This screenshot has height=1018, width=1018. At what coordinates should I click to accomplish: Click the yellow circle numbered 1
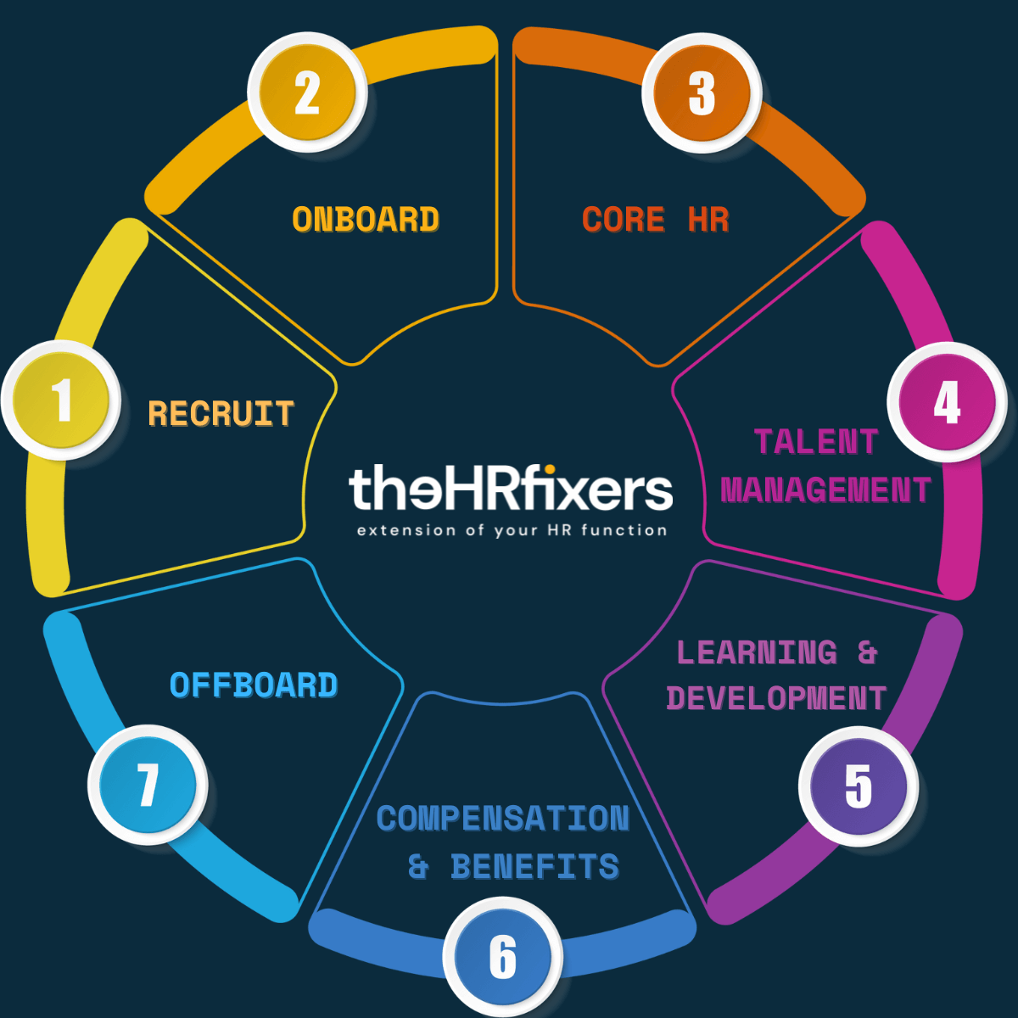point(61,400)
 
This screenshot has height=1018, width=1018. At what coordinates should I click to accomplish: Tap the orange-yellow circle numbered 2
point(307,92)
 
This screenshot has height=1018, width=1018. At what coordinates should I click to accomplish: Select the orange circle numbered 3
point(702,92)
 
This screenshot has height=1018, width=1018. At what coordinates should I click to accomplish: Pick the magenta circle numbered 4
point(947,402)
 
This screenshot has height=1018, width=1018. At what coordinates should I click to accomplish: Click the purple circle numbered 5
point(858,786)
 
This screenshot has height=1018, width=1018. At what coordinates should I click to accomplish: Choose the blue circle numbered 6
point(502,957)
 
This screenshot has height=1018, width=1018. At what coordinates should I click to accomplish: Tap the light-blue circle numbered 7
point(148,785)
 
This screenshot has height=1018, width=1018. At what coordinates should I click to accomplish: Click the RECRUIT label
point(221,414)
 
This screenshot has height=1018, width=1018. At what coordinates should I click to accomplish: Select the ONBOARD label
point(366,220)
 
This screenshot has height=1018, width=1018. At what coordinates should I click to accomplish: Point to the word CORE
point(624,220)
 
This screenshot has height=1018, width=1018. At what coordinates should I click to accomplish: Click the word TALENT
point(815,442)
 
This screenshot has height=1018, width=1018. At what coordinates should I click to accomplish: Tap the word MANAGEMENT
point(825,490)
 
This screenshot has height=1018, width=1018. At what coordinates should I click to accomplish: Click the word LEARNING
point(757,652)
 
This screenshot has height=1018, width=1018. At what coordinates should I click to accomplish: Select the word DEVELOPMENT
point(776,698)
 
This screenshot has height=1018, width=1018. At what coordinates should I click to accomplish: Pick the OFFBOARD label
point(254,685)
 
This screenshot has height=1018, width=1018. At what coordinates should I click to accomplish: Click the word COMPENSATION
point(503,819)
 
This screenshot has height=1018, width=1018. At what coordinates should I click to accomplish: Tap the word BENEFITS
point(534,867)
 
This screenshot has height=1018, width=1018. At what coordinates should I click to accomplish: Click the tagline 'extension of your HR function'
point(512,530)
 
